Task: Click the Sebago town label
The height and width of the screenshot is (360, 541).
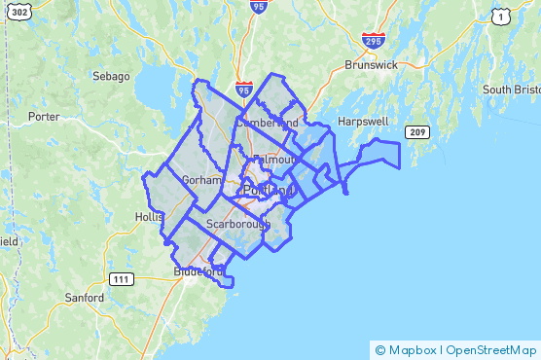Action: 111,76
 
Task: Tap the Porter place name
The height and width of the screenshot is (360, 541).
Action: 44,116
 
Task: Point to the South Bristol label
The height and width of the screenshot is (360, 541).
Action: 510,90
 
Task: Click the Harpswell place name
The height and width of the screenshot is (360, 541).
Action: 362,122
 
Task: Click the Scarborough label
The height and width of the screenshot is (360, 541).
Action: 238,224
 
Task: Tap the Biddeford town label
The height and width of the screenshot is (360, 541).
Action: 199,271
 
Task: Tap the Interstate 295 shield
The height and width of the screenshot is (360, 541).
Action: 373,41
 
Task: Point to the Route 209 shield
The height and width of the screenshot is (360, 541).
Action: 417,131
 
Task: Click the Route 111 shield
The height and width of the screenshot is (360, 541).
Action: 121,279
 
